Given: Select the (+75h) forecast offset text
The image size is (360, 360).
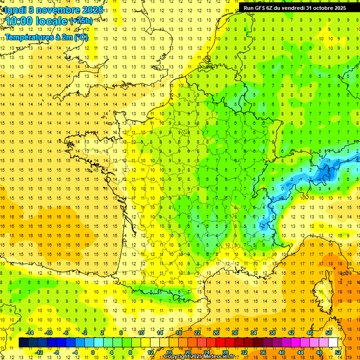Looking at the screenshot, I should click(x=81, y=21).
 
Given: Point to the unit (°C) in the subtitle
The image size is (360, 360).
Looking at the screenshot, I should click(x=81, y=37).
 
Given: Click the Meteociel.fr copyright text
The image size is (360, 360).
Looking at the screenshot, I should click(x=217, y=357).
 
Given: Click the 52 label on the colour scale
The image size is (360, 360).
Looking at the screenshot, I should click(x=338, y=352).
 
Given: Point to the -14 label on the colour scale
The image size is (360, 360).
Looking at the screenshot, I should click(x=30, y=333).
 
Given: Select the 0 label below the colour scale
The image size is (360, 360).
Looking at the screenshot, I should click(x=92, y=352).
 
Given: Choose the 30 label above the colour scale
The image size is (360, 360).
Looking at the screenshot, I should click(x=234, y=333).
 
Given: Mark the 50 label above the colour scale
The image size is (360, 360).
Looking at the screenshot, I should click(x=329, y=333).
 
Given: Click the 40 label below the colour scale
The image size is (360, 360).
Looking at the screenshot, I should click(x=281, y=352).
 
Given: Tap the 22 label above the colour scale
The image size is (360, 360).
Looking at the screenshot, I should click(x=197, y=333).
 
